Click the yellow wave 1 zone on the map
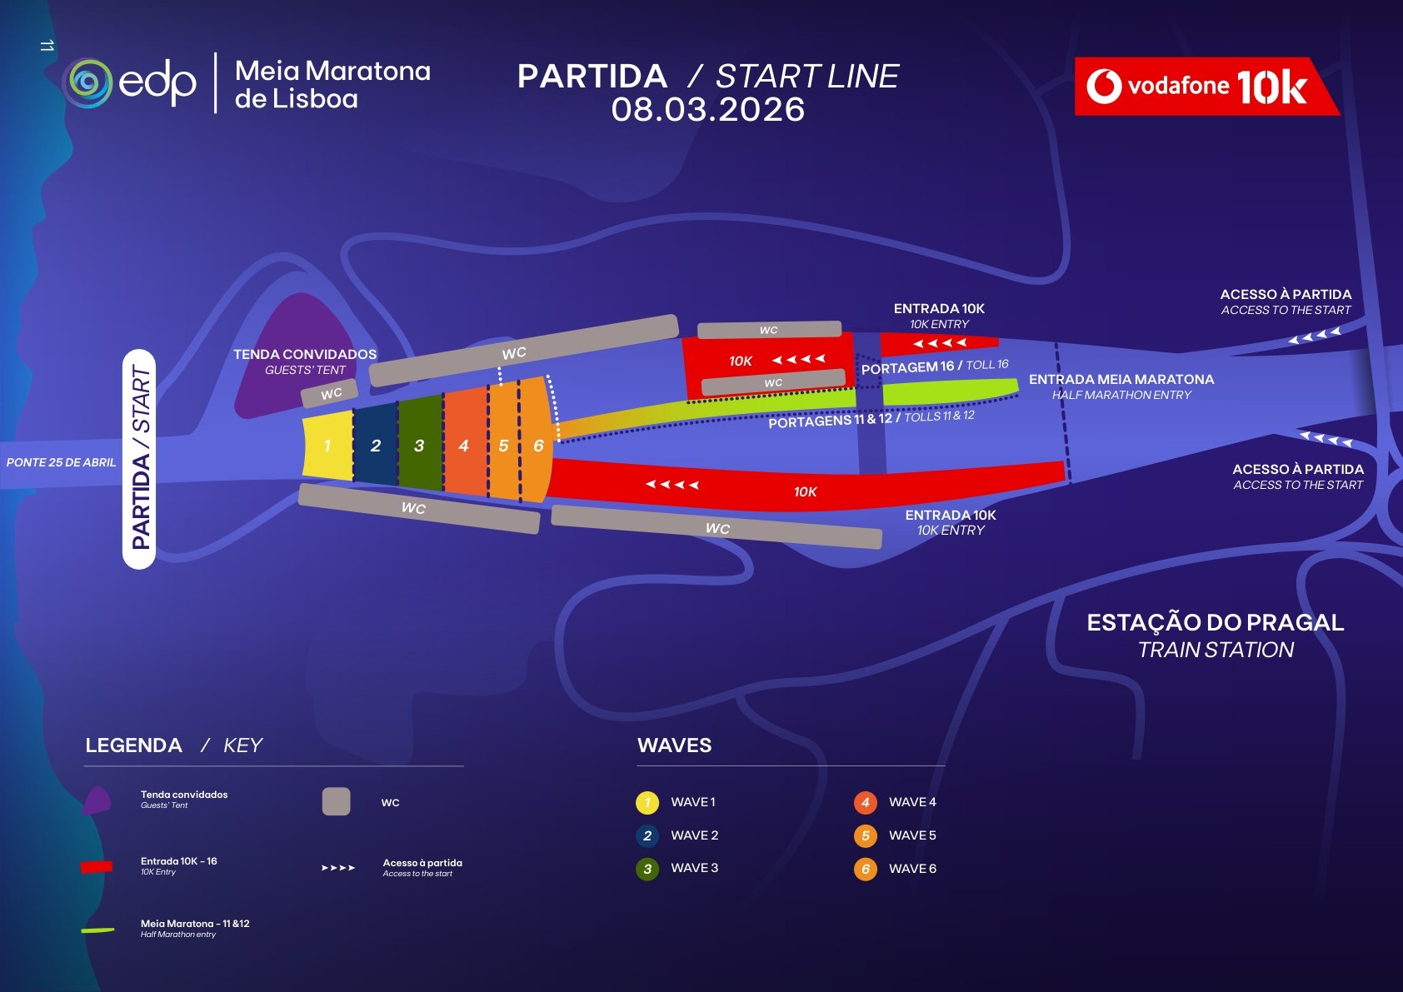[327, 446]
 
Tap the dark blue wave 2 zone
[375, 445]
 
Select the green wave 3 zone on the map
[419, 445]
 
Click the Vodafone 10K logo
[1201, 87]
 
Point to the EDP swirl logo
[87, 82]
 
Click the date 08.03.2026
[707, 110]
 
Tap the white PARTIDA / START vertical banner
[139, 459]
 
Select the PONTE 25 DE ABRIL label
[61, 462]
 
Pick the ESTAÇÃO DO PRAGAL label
[1215, 623]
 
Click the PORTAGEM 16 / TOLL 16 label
[934, 366]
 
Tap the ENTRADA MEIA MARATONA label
[1121, 380]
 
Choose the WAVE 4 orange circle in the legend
[866, 802]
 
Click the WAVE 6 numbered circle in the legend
[866, 869]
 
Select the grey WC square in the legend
[337, 801]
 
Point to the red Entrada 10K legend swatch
[97, 866]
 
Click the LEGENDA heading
[133, 745]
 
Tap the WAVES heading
[674, 745]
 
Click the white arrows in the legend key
[338, 868]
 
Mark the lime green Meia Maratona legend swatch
[97, 930]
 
